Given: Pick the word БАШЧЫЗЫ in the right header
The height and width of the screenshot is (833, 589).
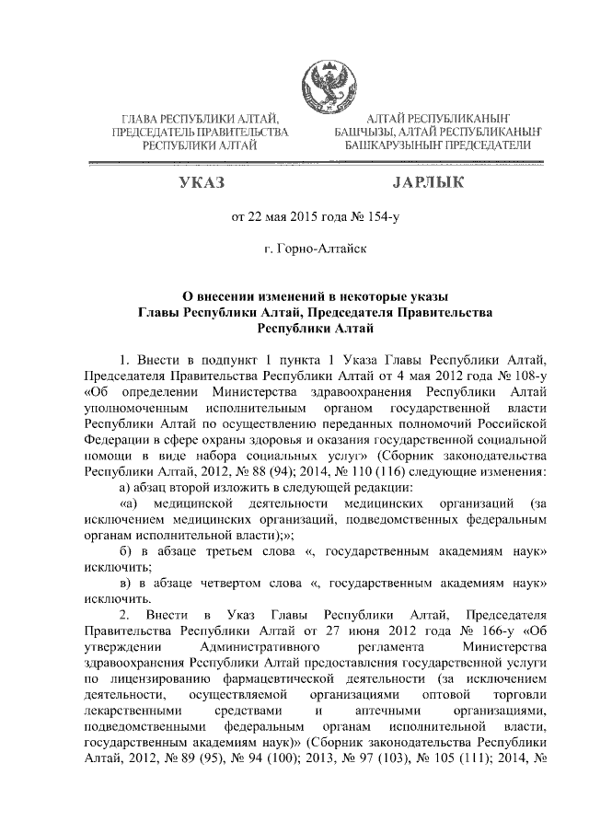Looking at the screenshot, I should pos(365,133).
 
